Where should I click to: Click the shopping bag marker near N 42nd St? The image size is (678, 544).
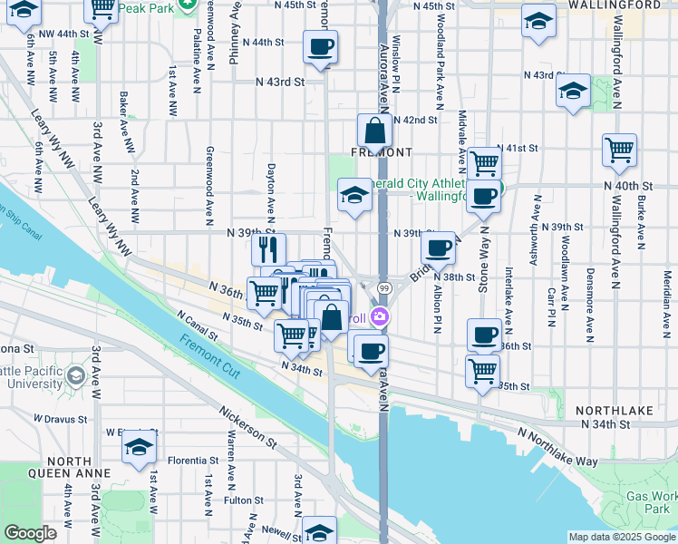pyautogui.click(x=374, y=131)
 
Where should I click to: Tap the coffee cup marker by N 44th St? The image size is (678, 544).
pyautogui.click(x=320, y=47)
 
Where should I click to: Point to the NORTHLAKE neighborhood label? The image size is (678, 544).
pyautogui.click(x=617, y=411)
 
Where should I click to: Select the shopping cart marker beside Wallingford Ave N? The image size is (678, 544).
pyautogui.click(x=619, y=151)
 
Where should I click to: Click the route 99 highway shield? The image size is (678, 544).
pyautogui.click(x=384, y=288)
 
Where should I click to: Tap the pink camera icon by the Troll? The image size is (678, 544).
pyautogui.click(x=381, y=317)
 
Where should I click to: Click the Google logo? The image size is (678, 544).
pyautogui.click(x=30, y=533)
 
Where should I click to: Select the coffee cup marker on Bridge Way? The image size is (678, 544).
pyautogui.click(x=439, y=247)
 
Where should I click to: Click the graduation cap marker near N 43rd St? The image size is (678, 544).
pyautogui.click(x=573, y=91)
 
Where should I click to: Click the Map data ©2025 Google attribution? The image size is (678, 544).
pyautogui.click(x=622, y=537)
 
